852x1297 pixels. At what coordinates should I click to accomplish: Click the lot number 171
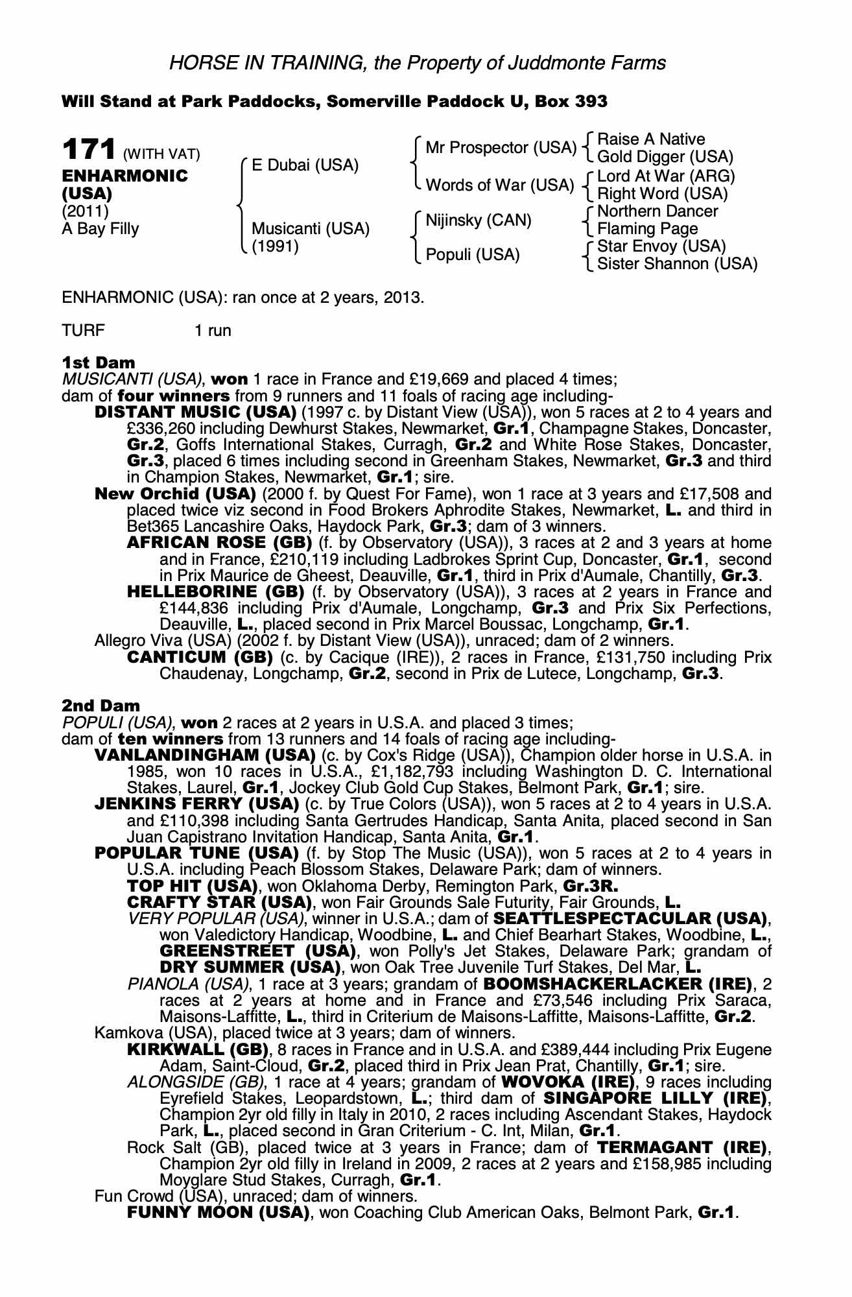coord(88,150)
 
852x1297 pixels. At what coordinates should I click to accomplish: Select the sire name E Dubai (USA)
coord(305,165)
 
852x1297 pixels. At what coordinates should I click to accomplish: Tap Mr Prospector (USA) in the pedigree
coord(501,148)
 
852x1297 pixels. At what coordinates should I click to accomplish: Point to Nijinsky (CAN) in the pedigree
coord(478,220)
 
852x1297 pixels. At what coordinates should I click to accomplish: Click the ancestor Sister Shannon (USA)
coord(677,264)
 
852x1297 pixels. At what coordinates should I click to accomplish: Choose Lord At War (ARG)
coord(666,176)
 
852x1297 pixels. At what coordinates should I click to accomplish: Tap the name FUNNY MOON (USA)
coord(218,1213)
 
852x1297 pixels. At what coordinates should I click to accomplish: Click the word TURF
coord(83,330)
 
